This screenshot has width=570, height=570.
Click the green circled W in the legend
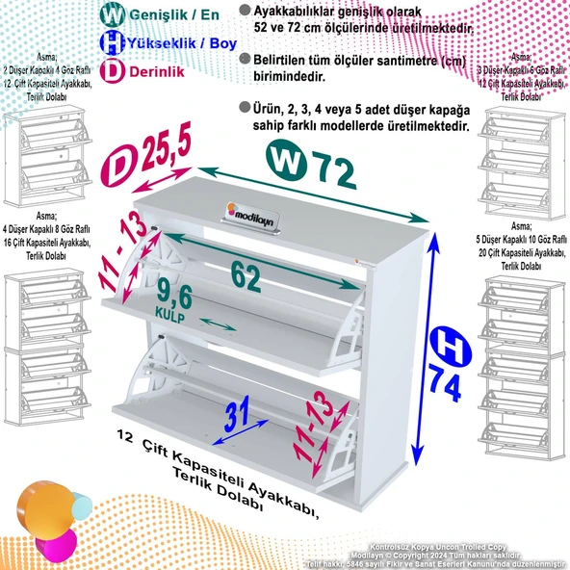[x=113, y=15]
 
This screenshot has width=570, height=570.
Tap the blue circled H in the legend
[x=113, y=42]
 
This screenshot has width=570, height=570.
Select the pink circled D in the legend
[x=113, y=69]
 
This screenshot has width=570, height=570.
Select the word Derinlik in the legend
[x=157, y=69]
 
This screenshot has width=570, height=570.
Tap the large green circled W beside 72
[x=288, y=160]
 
